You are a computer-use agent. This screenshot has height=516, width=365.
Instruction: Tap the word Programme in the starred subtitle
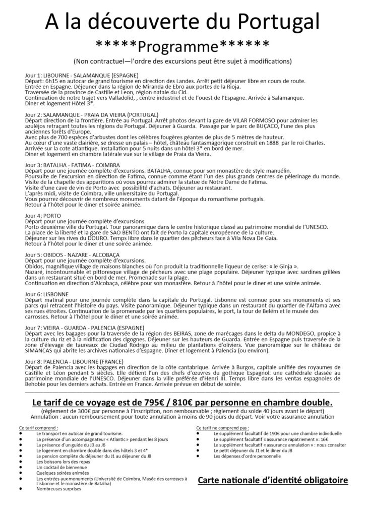pyautogui.click(x=182, y=47)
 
